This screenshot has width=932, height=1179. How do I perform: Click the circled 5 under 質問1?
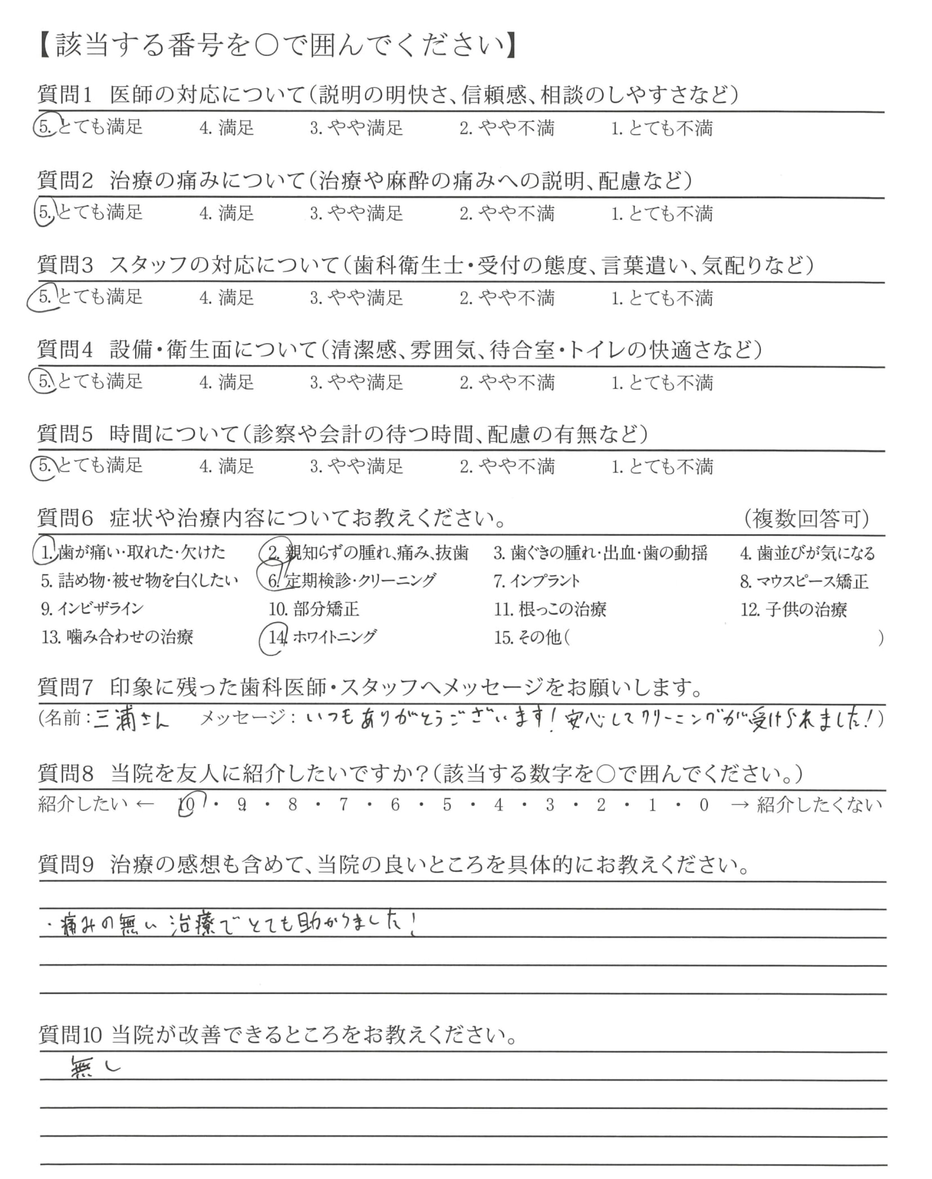(45, 127)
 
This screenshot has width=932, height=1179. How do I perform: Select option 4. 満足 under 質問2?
(227, 213)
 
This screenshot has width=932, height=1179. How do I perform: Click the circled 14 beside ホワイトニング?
(277, 637)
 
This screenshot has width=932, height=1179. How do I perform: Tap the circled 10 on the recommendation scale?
(186, 805)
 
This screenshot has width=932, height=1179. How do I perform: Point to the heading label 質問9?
(66, 865)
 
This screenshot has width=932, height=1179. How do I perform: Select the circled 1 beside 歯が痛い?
(47, 552)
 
